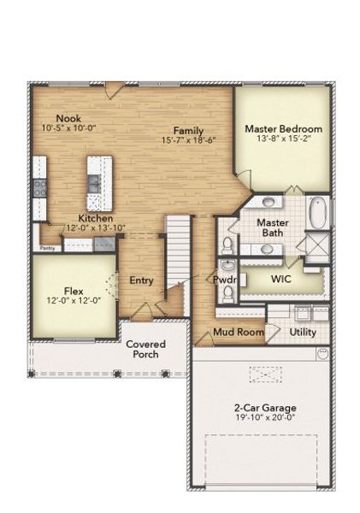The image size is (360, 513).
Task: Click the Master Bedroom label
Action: (282, 129)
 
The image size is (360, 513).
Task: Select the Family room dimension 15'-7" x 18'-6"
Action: (187, 140)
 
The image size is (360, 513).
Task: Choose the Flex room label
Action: (73, 290)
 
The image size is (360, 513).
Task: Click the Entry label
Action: (141, 280)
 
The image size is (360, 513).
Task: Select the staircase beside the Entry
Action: (177, 248)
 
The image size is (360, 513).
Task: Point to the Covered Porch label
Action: (145, 349)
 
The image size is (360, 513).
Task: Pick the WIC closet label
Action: (282, 279)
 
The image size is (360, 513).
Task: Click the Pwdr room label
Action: (224, 279)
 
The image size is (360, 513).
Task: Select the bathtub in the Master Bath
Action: (317, 211)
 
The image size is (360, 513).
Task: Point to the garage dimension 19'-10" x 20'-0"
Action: (257, 418)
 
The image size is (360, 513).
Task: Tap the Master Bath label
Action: (273, 227)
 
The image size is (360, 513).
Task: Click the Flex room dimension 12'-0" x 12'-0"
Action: (73, 300)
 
